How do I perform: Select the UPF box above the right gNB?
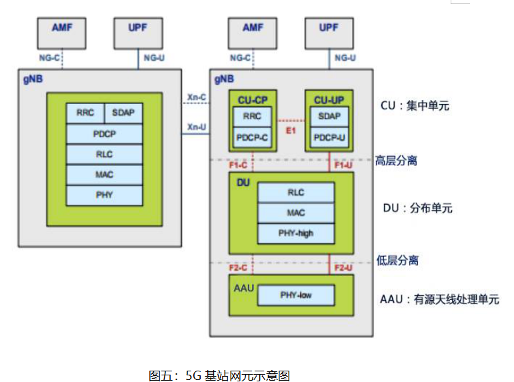coord(329,31)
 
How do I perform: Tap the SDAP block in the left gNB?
coord(123,113)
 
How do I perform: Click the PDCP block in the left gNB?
coord(104,133)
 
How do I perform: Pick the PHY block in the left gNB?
coord(104,195)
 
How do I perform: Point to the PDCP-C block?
coord(252,138)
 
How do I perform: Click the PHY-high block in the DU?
coord(295,233)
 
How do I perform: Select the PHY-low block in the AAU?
coord(295,295)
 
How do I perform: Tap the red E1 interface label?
coord(291,130)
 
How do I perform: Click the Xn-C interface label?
coord(196,98)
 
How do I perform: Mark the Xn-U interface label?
coord(196,127)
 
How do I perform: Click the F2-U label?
coord(343,268)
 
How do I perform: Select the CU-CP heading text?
coord(252,100)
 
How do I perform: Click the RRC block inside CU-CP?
coord(252,116)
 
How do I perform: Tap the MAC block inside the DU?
coord(295,213)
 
